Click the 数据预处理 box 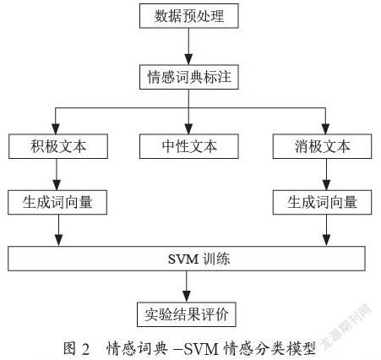[x=189, y=16]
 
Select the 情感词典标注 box [x=189, y=77]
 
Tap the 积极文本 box [x=58, y=146]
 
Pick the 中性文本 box [x=189, y=146]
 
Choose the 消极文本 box [x=322, y=146]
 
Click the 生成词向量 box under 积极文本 [x=57, y=202]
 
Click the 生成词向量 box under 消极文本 [x=322, y=202]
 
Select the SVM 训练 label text [x=199, y=259]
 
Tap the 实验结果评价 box [x=187, y=314]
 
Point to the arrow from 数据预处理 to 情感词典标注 [x=188, y=46]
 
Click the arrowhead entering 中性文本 [x=188, y=128]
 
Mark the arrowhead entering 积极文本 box [x=56, y=128]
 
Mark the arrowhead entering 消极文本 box [x=325, y=128]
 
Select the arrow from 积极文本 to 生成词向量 [x=57, y=174]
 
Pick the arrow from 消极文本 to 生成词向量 [x=326, y=174]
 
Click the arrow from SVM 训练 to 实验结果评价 [x=187, y=286]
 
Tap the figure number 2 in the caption [x=85, y=349]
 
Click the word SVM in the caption [x=201, y=349]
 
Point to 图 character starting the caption [x=69, y=349]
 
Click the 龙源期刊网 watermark [x=347, y=327]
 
